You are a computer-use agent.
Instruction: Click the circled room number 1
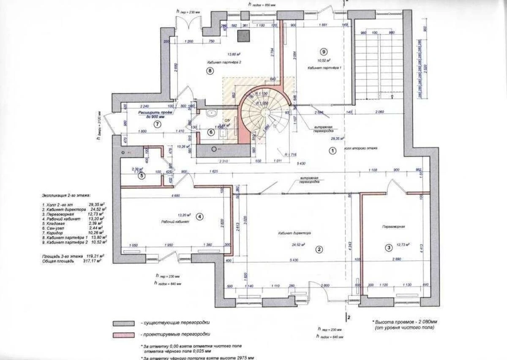(x=333, y=150)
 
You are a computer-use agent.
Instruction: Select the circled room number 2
(x=319, y=249)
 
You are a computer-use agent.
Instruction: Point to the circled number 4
(x=200, y=217)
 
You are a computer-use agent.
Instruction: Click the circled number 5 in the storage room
(x=142, y=176)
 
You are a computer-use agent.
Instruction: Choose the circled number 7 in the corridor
(x=157, y=124)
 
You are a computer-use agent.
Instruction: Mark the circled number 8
(x=210, y=71)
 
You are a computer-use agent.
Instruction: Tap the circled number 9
(x=324, y=52)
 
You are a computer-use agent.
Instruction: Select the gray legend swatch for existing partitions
(x=125, y=323)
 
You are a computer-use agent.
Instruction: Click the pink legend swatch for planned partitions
(x=125, y=335)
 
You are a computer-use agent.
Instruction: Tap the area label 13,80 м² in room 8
(x=234, y=55)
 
